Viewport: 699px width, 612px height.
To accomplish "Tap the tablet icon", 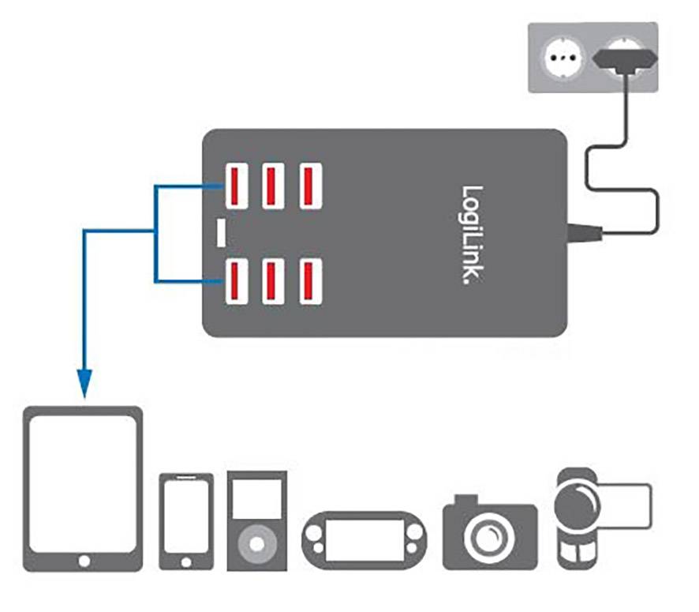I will click(x=84, y=488).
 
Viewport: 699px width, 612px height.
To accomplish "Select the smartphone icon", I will click(x=186, y=521).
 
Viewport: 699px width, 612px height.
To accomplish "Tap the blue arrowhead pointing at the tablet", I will click(x=84, y=381).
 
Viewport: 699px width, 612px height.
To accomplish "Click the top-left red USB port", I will click(x=236, y=185).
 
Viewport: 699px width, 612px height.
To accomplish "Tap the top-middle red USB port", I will click(x=272, y=185).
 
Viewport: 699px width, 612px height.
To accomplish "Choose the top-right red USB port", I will click(x=309, y=185).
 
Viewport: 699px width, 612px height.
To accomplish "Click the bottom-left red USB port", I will click(x=236, y=282).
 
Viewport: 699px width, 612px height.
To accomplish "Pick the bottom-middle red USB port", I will click(x=272, y=282).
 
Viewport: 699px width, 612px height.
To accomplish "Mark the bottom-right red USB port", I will click(x=309, y=282).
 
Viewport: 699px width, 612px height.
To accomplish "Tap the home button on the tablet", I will click(x=84, y=561).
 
